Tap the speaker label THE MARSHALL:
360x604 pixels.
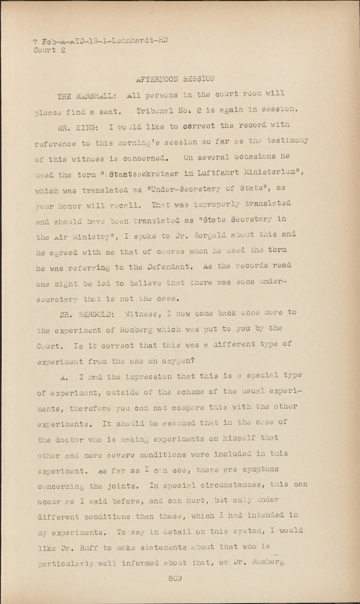point(85,96)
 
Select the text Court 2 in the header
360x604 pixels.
point(49,50)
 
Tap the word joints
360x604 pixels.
point(112,486)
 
